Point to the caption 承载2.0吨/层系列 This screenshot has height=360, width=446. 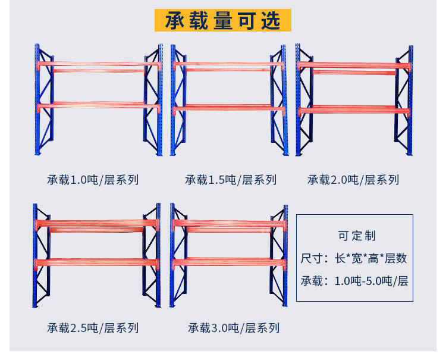coord(353,179)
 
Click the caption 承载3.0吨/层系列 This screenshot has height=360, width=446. coord(233,327)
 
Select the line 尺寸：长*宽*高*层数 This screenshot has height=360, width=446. coord(354,258)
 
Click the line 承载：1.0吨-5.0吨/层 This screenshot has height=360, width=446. coord(354,281)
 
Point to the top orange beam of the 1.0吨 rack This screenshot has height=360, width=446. coord(99,64)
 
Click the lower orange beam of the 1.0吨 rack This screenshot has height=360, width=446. coord(99,106)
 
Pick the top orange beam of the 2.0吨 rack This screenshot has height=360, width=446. coord(354,64)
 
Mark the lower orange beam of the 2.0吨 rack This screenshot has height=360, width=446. coord(354,110)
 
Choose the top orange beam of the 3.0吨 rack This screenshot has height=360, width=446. coord(230,223)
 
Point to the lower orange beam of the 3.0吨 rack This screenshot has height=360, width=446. coord(230,261)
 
